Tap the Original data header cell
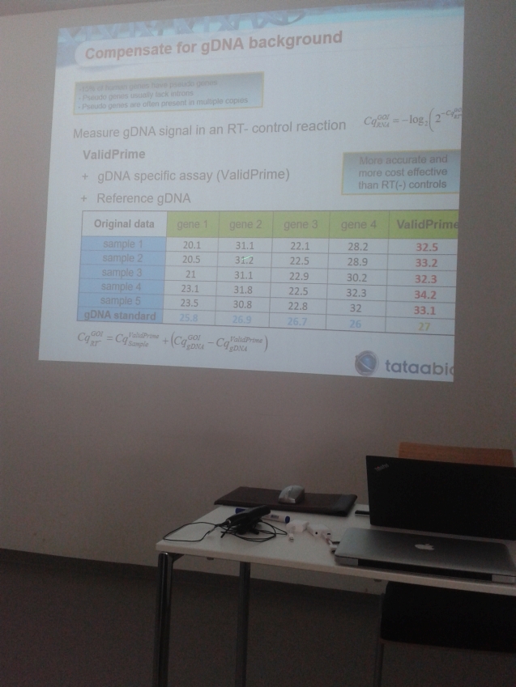[123, 223]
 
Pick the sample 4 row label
[122, 286]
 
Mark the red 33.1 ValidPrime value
[424, 308]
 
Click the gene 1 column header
[192, 223]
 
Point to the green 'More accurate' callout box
[402, 172]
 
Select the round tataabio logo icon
[366, 363]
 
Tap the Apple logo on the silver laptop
[422, 546]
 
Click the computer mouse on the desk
[292, 493]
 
